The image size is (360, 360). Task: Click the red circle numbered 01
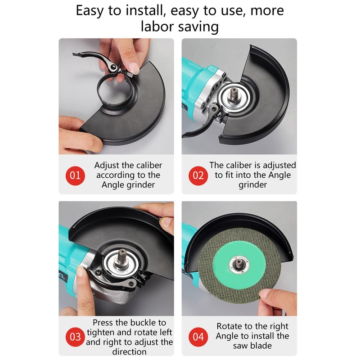click(76, 175)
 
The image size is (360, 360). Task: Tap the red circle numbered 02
click(198, 175)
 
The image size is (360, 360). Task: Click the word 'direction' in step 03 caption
click(129, 351)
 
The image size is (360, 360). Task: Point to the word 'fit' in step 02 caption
click(236, 175)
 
